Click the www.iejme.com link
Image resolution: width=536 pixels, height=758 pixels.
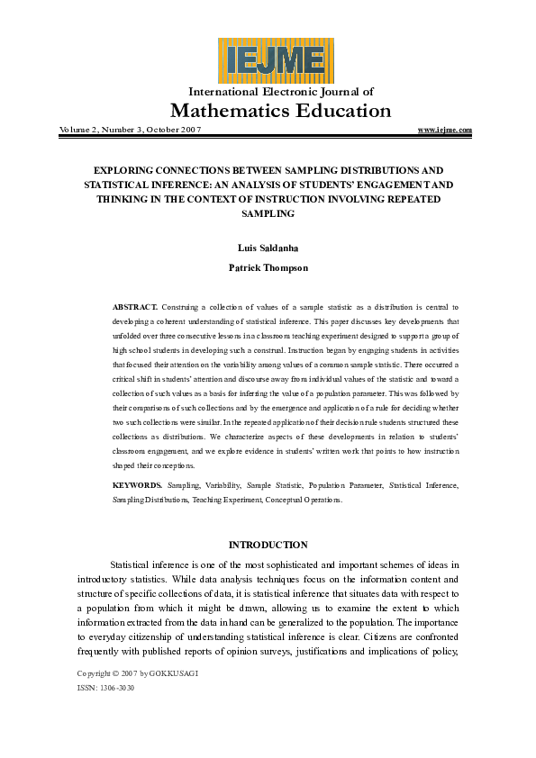pyautogui.click(x=445, y=130)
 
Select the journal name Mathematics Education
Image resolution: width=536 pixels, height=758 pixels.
pyautogui.click(x=280, y=111)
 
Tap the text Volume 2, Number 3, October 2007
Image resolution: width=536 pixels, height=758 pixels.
pyautogui.click(x=130, y=130)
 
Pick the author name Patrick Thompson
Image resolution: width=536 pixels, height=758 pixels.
pyautogui.click(x=267, y=267)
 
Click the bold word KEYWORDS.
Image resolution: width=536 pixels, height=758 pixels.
pyautogui.click(x=138, y=485)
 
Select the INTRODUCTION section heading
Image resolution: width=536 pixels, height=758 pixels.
pyautogui.click(x=268, y=545)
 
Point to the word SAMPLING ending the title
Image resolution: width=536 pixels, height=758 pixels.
pyautogui.click(x=268, y=214)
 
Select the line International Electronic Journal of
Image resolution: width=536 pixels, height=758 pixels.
pyautogui.click(x=280, y=91)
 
